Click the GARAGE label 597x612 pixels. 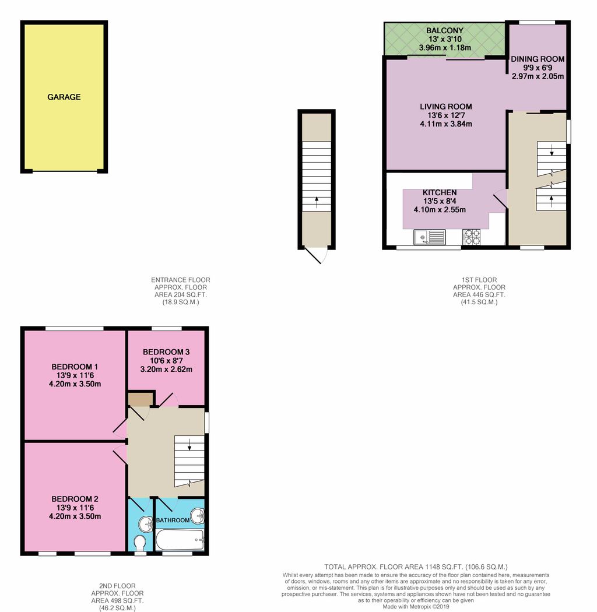64,97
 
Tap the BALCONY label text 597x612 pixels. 444,30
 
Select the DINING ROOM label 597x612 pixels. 538,59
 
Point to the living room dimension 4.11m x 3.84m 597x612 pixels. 445,124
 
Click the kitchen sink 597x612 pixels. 429,237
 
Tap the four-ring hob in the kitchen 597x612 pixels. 471,237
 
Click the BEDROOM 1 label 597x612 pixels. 75,367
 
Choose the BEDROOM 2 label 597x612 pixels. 75,499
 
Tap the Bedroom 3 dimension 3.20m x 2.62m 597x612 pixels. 166,369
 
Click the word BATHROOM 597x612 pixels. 173,520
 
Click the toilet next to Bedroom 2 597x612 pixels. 140,543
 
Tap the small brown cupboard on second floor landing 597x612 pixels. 140,399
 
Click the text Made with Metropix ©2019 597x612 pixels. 416,606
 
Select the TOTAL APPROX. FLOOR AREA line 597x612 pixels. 416,567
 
